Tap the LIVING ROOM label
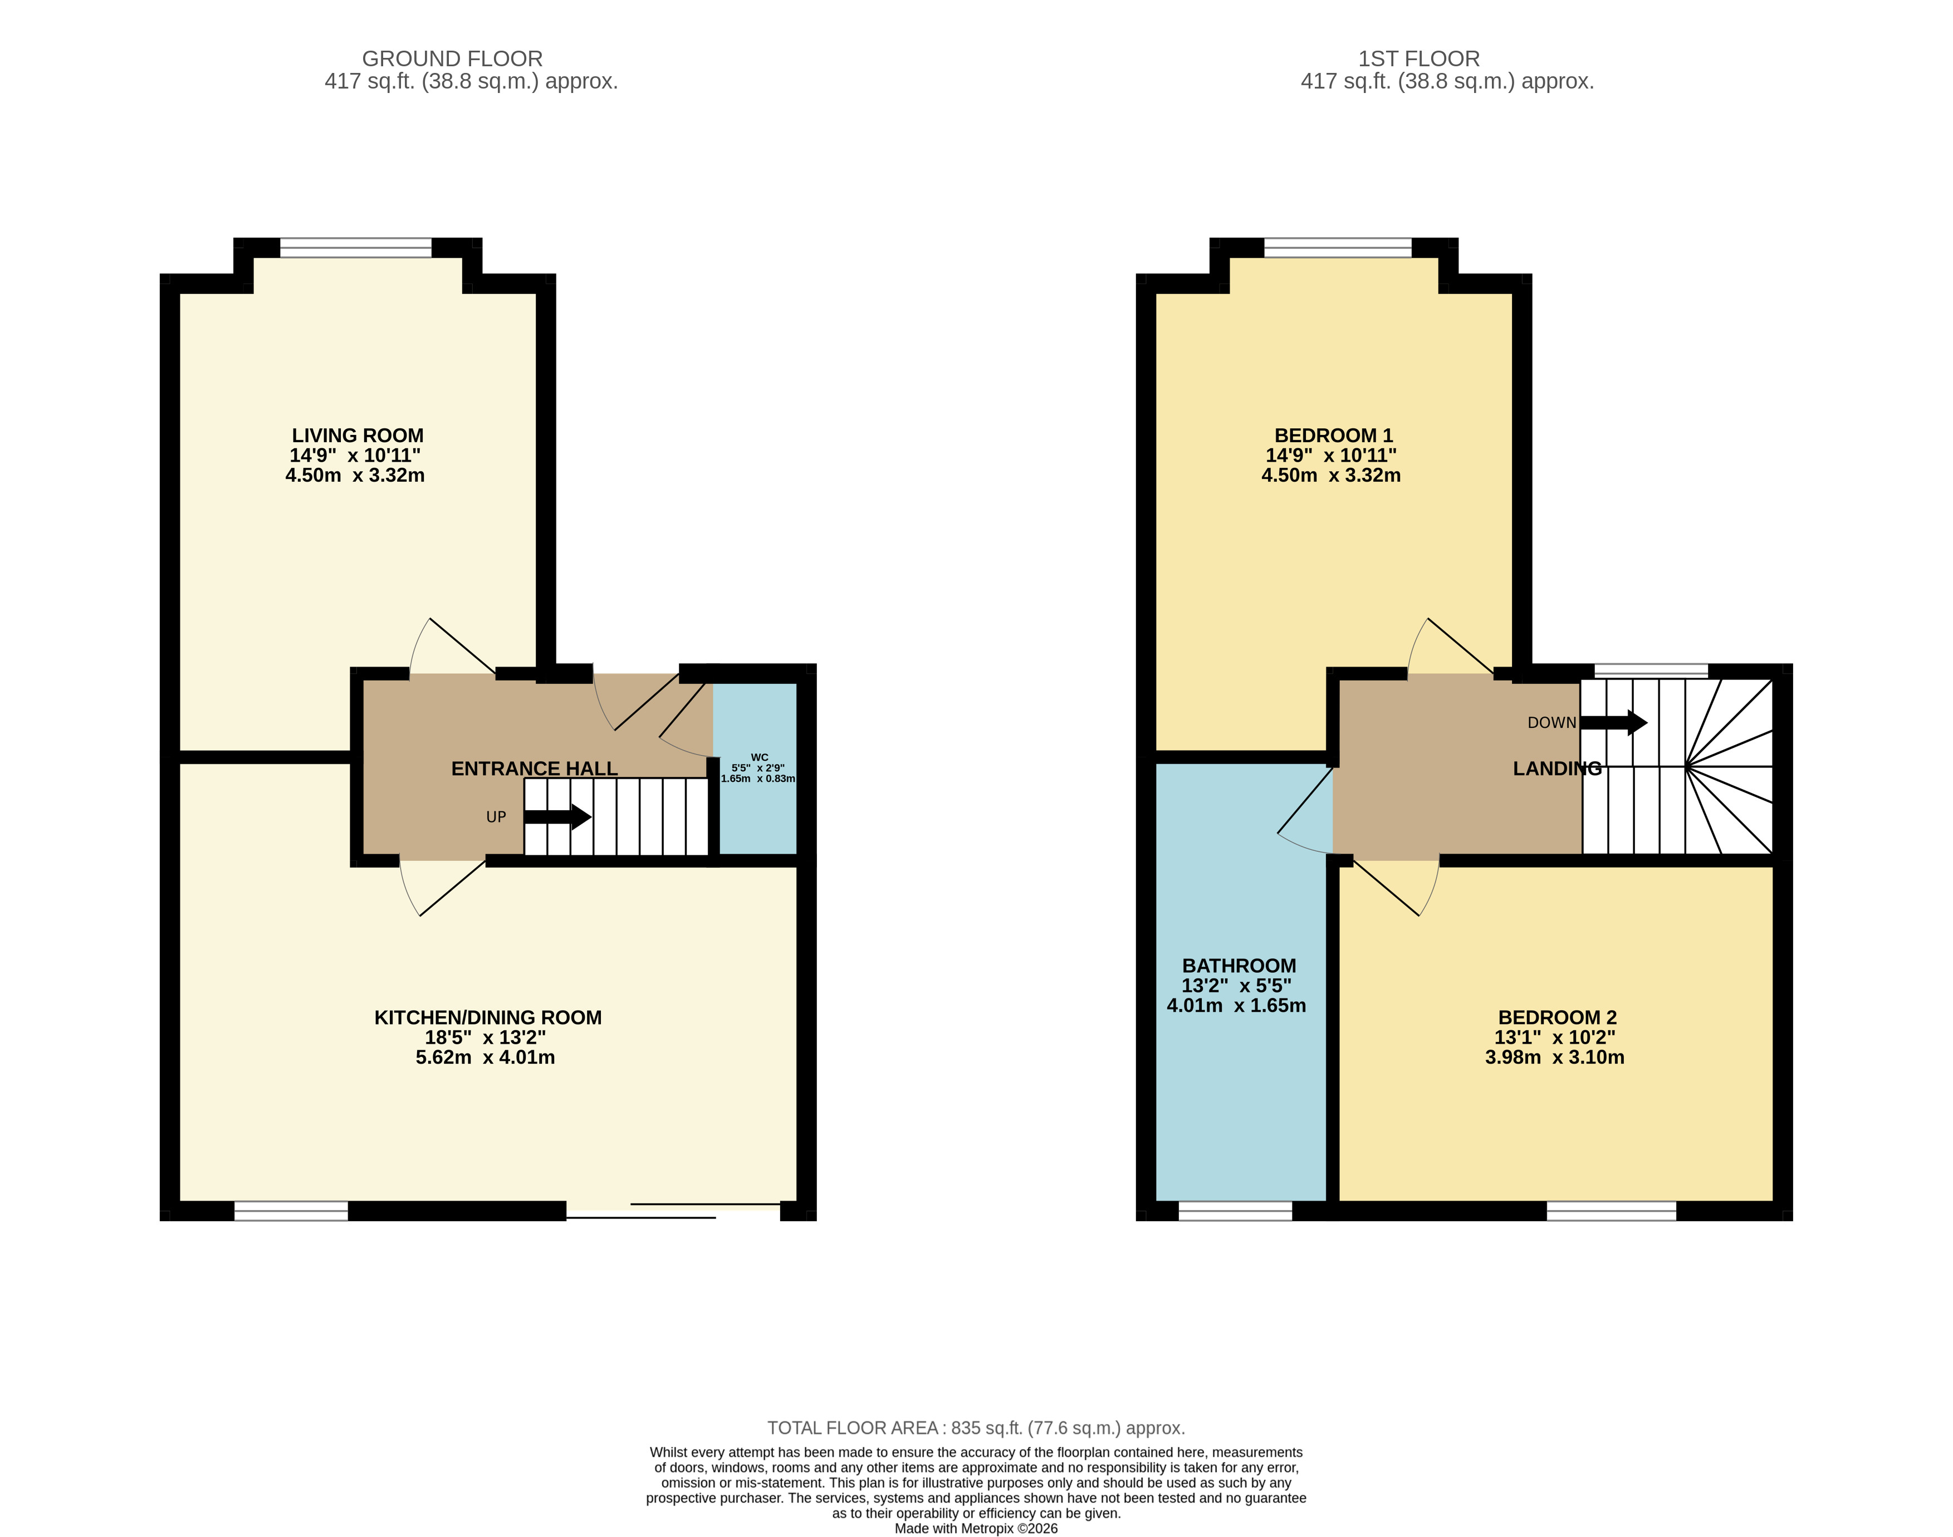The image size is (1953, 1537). pos(358,435)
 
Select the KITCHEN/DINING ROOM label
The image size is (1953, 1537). pos(488,1018)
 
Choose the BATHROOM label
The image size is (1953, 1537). pos(1239,966)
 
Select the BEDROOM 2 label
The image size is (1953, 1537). pos(1557,1018)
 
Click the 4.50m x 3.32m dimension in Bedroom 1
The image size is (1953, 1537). pos(1330,475)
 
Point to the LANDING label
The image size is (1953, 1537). pos(1557,768)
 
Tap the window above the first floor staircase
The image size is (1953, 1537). pos(1651,670)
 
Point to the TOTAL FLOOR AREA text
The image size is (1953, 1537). pos(976,1428)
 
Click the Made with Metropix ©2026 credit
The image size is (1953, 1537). pos(976,1528)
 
